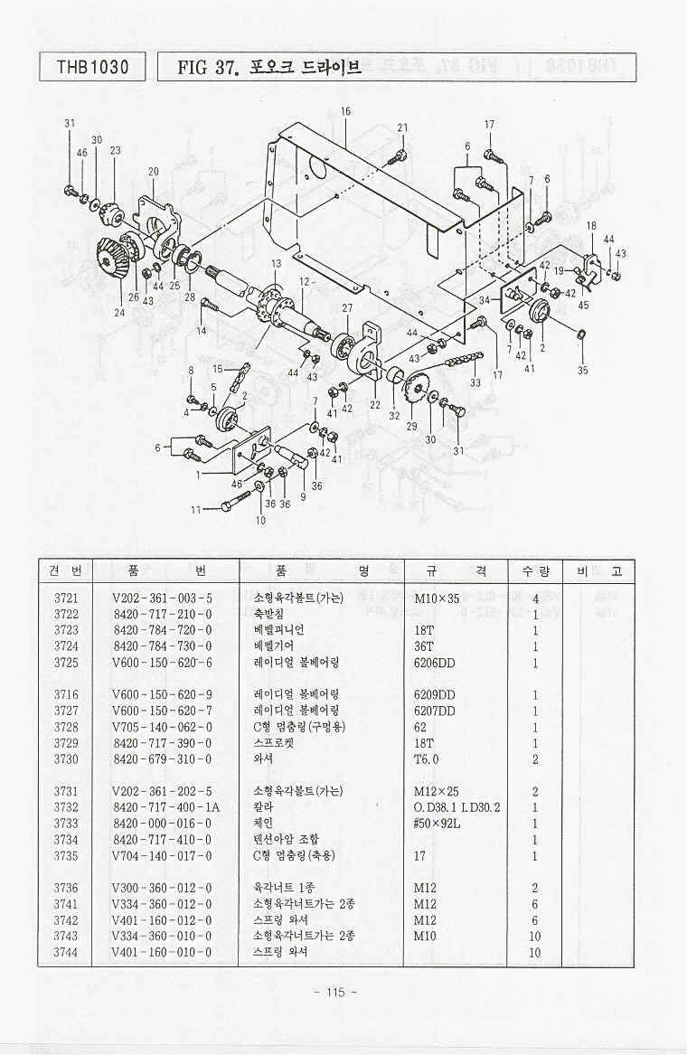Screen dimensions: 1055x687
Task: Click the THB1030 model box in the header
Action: pyautogui.click(x=92, y=67)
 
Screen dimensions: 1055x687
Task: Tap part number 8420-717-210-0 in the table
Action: pyautogui.click(x=163, y=614)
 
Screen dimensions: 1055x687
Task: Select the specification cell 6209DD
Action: pyautogui.click(x=435, y=694)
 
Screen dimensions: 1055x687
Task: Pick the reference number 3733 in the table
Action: pyautogui.click(x=66, y=823)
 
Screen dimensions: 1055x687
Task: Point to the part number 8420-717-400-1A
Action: pyautogui.click(x=166, y=806)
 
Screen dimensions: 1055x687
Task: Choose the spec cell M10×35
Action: pyautogui.click(x=438, y=598)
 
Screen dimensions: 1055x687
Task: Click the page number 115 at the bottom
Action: pyautogui.click(x=334, y=992)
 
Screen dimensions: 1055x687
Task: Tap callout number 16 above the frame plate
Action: pyautogui.click(x=345, y=111)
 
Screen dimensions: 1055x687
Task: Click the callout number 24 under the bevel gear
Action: pyautogui.click(x=119, y=313)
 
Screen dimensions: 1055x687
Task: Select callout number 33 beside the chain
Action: pyautogui.click(x=475, y=382)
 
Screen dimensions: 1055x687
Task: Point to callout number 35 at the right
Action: pyautogui.click(x=582, y=369)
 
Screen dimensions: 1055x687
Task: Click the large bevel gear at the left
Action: pyautogui.click(x=111, y=259)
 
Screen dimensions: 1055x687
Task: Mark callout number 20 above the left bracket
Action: pyautogui.click(x=154, y=171)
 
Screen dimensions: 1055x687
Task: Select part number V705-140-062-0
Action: pyautogui.click(x=163, y=726)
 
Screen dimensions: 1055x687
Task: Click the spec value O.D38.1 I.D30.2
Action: pyautogui.click(x=457, y=806)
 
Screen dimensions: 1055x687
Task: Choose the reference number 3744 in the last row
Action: pyautogui.click(x=66, y=951)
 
